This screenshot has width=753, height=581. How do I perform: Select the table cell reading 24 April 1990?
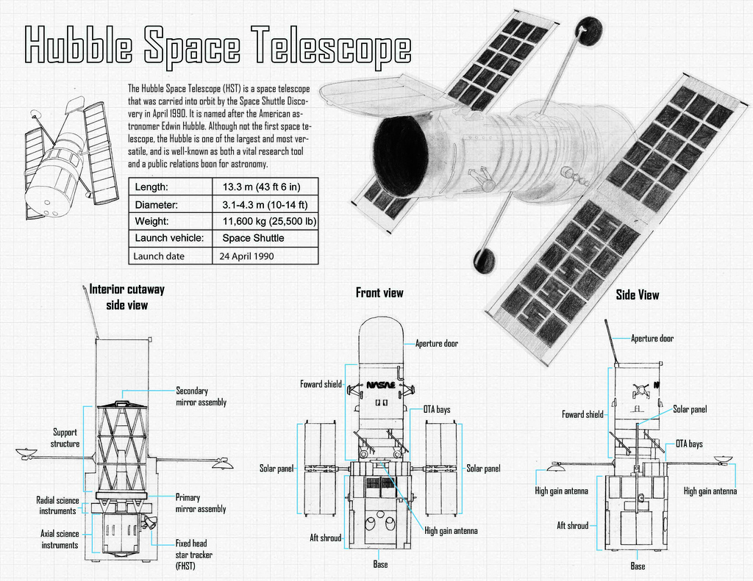246,256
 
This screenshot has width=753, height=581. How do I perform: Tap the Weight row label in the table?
152,221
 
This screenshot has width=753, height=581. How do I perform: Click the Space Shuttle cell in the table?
253,238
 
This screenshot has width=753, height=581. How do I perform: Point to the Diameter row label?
157,204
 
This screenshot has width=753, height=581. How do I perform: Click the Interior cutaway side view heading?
126,297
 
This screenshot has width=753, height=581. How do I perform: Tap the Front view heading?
379,293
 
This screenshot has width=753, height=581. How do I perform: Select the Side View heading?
637,295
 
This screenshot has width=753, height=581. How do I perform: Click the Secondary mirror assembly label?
201,397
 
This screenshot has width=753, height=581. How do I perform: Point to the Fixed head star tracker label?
193,555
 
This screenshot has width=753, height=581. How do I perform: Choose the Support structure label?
65,438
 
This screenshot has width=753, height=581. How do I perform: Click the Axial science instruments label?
60,539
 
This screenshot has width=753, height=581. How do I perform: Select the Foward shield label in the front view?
321,384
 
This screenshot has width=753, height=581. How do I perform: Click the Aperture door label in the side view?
652,339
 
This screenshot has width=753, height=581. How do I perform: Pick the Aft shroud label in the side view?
572,525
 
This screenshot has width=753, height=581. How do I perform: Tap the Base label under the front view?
379,564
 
